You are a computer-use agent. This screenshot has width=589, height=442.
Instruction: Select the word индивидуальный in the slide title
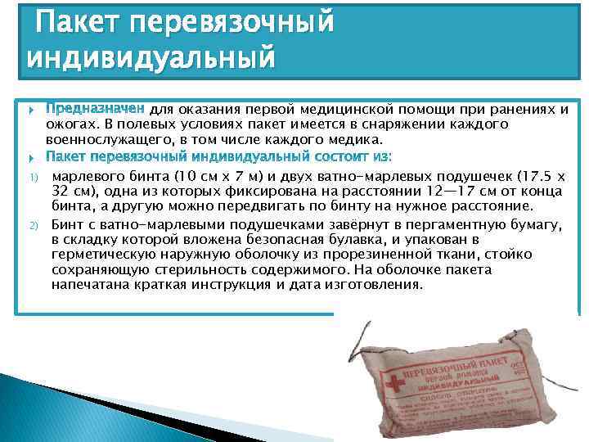(150, 59)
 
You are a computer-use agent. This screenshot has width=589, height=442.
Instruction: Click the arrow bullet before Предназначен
(31, 110)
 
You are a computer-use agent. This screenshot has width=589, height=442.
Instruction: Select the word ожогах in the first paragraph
(72, 124)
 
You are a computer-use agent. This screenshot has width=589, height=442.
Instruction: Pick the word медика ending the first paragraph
(361, 140)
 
